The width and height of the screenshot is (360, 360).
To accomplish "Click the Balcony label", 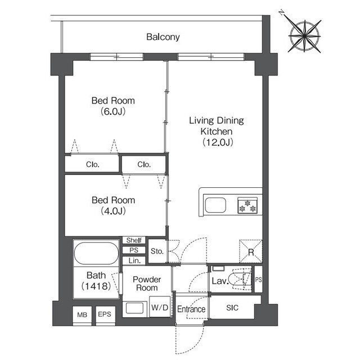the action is [163, 37].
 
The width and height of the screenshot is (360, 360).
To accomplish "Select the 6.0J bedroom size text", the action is [113, 111].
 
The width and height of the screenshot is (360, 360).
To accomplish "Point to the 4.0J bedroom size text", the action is [113, 211].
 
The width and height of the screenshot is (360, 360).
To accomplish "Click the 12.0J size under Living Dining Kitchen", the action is [218, 142].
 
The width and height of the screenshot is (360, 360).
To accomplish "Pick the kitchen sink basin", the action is [215, 205].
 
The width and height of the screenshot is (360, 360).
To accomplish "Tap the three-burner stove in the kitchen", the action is [247, 205].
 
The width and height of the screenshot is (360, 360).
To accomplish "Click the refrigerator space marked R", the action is [251, 251].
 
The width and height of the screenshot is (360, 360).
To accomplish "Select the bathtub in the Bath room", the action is [96, 253].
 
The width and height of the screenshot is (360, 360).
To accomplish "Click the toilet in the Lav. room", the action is [240, 279].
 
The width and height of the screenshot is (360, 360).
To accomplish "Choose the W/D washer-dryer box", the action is [160, 307].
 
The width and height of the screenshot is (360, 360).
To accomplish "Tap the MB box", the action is [82, 315].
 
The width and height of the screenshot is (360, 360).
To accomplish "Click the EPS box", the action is [105, 314].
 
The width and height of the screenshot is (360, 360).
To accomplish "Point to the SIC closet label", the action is [232, 308].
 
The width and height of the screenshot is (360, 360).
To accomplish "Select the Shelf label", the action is [134, 240].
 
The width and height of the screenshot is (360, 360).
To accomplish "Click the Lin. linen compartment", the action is [134, 260].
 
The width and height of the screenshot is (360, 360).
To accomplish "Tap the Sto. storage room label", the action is [157, 251].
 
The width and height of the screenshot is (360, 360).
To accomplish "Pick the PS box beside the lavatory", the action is [259, 279].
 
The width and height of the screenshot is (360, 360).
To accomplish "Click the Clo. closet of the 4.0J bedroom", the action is [144, 164].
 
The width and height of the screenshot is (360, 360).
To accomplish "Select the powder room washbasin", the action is [134, 308].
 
